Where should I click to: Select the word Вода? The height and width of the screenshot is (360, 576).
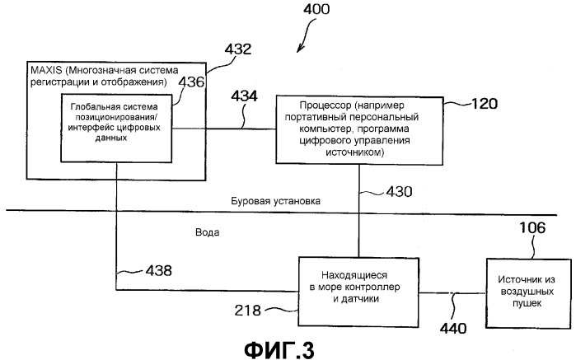[207, 232]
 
